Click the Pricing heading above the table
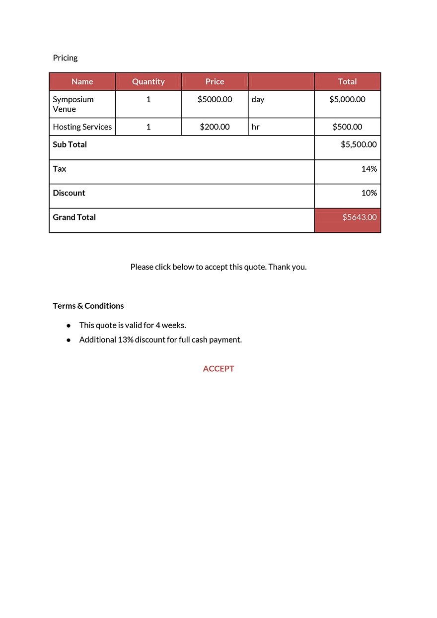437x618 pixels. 65,58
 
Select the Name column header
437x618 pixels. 82,81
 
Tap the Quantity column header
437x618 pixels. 148,81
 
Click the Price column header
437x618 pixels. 215,81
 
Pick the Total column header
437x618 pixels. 347,81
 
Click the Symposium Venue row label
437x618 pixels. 73,104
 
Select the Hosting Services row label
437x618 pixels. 82,127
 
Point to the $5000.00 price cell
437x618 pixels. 215,99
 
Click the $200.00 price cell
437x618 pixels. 215,127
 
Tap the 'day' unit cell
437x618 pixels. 258,99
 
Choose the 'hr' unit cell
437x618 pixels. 256,127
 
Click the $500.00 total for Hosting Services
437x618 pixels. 347,127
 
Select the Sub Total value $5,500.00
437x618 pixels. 359,144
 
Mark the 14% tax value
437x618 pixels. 369,169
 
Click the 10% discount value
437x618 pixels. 369,193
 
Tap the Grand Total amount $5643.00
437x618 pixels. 359,217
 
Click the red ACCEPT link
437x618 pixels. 218,369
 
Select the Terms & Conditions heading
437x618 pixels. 88,306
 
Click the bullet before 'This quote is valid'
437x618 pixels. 69,326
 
